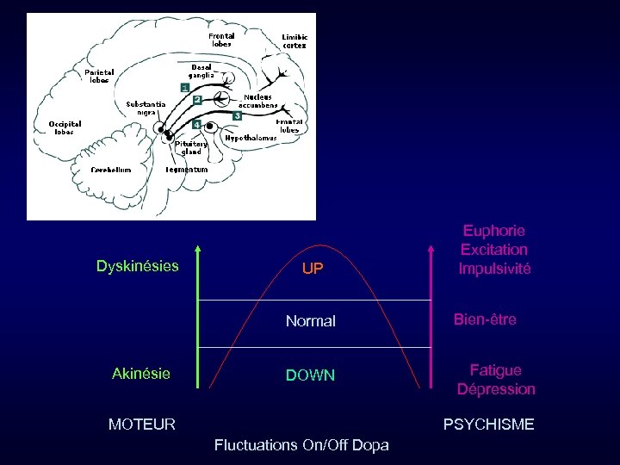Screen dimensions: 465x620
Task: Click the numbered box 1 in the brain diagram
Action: tap(184, 88)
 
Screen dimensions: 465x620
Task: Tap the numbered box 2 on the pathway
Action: tap(197, 100)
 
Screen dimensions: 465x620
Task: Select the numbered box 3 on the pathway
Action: tap(237, 115)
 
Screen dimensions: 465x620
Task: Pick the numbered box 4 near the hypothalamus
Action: tap(197, 125)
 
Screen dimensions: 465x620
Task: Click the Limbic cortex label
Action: tap(294, 41)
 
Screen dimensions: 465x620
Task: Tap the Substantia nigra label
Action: tap(146, 108)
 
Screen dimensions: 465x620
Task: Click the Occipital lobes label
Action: tap(65, 127)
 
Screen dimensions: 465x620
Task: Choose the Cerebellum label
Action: tap(111, 170)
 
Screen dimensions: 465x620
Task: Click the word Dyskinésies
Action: tap(138, 266)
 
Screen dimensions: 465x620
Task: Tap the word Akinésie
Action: tap(141, 374)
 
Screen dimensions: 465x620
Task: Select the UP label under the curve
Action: tap(313, 269)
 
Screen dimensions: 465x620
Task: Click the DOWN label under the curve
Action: tap(310, 375)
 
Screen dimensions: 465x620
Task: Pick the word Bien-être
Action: tap(485, 319)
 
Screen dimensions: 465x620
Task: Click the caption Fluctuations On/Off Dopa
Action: tap(301, 445)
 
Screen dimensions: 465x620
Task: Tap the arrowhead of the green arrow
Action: tap(198, 250)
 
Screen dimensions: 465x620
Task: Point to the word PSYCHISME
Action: tap(488, 424)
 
